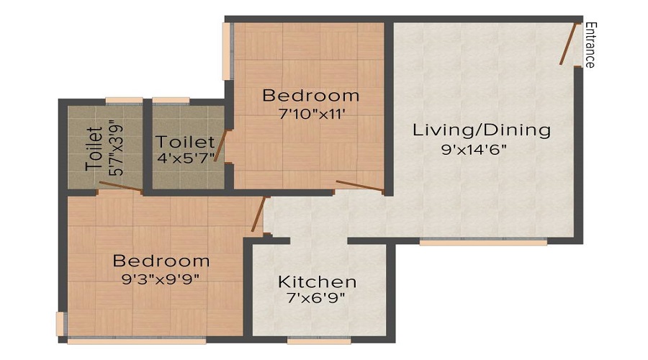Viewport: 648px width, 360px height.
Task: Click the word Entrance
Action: pos(590,45)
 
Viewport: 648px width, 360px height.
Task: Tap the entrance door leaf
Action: pos(569,43)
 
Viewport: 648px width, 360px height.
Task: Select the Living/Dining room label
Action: pos(481,130)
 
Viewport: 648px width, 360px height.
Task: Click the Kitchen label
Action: pos(317,282)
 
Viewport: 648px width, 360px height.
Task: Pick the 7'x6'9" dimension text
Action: pos(317,299)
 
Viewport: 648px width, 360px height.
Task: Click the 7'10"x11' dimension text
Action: pos(310,114)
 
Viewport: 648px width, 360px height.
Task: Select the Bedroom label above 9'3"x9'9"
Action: pos(161,261)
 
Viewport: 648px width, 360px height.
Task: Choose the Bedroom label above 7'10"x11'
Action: pos(310,95)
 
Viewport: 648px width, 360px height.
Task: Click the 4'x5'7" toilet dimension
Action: pos(186,158)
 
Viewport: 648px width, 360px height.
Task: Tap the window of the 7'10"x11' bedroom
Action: pos(227,51)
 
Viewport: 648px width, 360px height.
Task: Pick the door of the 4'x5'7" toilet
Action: pos(222,146)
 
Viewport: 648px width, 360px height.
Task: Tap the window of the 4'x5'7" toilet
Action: pos(171,101)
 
